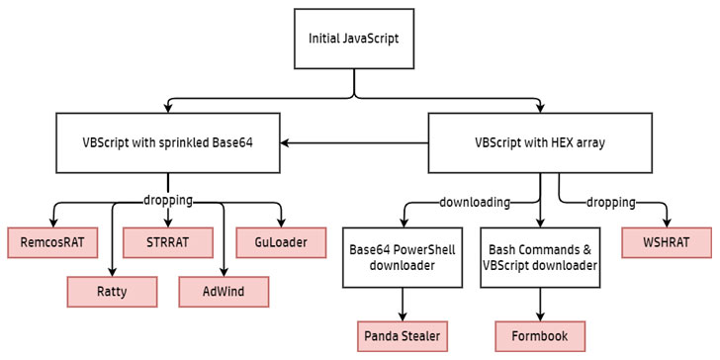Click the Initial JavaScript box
354,39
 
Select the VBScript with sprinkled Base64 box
168,142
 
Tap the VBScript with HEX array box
540,142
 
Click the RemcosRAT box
52,242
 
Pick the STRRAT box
167,242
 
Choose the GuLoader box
281,242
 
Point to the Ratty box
112,292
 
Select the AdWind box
224,292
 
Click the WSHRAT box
667,242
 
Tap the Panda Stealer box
403,336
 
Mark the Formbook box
540,336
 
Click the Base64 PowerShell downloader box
403,257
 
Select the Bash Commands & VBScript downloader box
540,257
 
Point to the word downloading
475,202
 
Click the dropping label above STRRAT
168,201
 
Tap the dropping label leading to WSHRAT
611,202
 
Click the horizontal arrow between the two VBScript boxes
354,143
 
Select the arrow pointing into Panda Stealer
403,305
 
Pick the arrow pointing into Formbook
540,305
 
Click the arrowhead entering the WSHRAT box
667,223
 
